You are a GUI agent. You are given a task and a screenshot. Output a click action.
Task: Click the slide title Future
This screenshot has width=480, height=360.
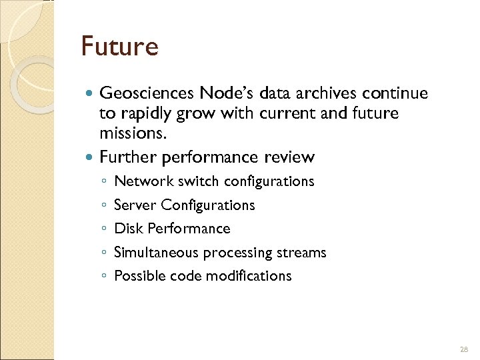pyautogui.click(x=119, y=47)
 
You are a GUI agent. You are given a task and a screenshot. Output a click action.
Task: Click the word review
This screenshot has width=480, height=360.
pyautogui.click(x=288, y=157)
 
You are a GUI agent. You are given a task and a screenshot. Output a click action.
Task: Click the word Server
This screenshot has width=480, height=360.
pyautogui.click(x=135, y=205)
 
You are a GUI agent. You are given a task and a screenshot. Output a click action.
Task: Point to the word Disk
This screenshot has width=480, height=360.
pyautogui.click(x=129, y=229)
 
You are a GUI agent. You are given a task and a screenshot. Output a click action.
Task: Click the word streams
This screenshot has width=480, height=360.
pyautogui.click(x=305, y=253)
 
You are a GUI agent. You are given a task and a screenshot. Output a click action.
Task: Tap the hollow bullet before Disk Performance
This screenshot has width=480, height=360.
pyautogui.click(x=104, y=229)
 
